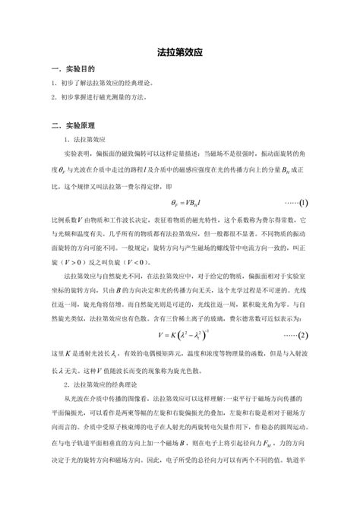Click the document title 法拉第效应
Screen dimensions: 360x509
179,55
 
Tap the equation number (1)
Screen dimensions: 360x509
302,204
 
